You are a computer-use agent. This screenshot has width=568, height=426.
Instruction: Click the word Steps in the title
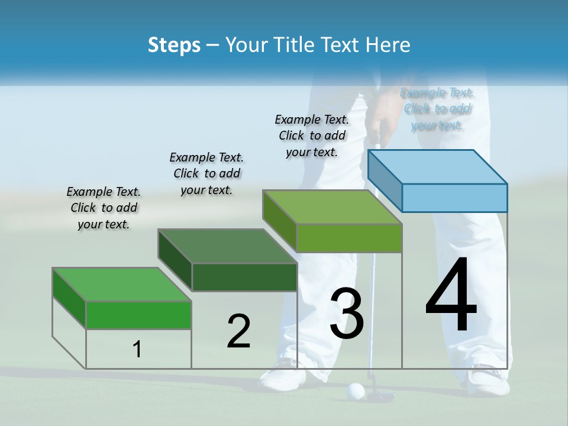(174, 45)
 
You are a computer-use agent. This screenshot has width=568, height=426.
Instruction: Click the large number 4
(451, 295)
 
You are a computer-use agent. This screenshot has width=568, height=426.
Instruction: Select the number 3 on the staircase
(347, 314)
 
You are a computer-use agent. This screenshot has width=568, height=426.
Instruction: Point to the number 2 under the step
(238, 331)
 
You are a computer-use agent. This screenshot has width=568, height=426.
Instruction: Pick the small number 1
(137, 350)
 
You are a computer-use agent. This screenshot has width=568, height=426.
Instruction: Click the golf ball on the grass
(355, 390)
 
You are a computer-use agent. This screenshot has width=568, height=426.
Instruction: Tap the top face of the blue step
(438, 167)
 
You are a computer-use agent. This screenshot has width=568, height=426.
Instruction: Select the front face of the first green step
(138, 315)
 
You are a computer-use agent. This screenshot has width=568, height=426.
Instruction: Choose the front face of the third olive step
(349, 238)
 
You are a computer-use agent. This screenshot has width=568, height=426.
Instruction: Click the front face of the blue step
(454, 198)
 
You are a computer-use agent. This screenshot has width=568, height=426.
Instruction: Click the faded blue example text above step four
(437, 109)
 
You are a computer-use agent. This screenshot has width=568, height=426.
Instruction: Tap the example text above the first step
(104, 208)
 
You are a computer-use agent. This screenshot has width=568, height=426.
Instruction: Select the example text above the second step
(206, 173)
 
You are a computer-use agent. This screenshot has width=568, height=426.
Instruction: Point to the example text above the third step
(312, 135)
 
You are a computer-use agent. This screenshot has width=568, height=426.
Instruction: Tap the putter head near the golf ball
(379, 395)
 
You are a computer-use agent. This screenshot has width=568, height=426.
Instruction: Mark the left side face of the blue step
(385, 180)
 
